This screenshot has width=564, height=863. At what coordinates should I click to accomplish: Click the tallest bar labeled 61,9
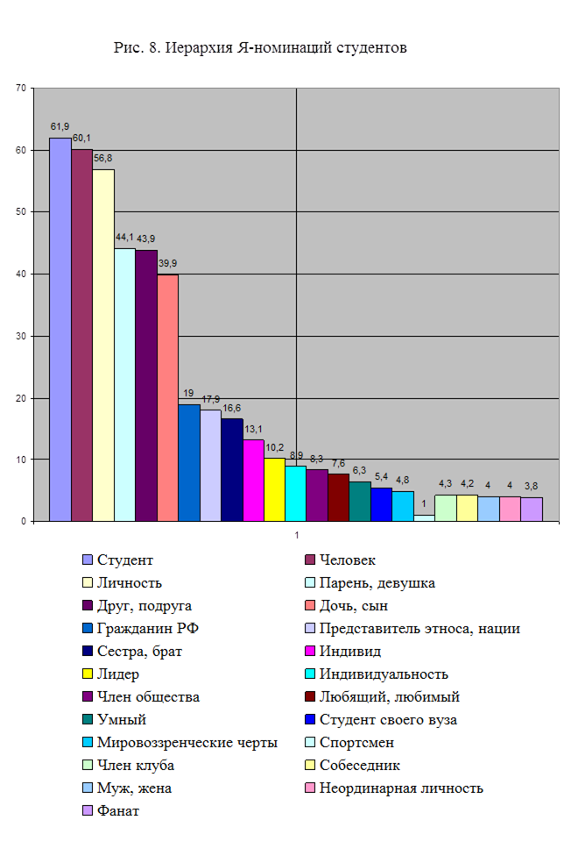(60, 330)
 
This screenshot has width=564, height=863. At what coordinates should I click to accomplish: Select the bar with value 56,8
(103, 346)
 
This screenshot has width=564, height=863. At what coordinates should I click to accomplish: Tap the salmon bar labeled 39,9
(167, 398)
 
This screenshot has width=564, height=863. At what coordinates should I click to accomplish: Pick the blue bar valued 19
(189, 463)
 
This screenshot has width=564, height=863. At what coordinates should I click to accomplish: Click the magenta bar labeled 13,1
(253, 481)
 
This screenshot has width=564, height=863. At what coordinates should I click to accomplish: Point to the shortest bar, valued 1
(424, 518)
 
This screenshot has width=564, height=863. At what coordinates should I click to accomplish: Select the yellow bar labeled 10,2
(274, 489)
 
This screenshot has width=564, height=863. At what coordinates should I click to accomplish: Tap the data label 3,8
(532, 486)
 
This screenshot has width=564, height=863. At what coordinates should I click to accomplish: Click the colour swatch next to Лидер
(87, 674)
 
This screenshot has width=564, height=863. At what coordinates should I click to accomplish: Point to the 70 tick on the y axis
(23, 88)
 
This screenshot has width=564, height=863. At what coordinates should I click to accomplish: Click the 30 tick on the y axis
(23, 336)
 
